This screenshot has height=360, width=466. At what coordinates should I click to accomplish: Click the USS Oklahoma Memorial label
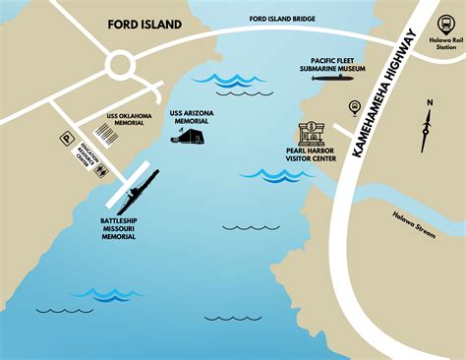(x=128, y=119)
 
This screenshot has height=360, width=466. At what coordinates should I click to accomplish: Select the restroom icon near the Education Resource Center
(x=103, y=168)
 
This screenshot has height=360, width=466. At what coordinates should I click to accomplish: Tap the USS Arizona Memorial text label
(x=191, y=117)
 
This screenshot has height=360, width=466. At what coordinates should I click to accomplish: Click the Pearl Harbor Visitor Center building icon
(x=315, y=135)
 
